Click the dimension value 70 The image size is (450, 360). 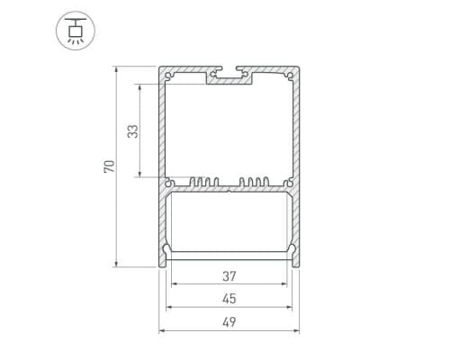[x=110, y=166]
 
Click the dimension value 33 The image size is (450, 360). [x=133, y=131]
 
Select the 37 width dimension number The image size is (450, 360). [x=229, y=276]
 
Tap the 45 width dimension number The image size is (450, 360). [x=229, y=299]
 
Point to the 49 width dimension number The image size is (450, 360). [x=229, y=322]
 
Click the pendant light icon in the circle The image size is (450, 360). [x=76, y=31]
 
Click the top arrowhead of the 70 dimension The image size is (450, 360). [x=116, y=69]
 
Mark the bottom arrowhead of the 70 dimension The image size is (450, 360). [x=116, y=264]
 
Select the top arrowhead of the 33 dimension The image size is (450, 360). [x=139, y=87]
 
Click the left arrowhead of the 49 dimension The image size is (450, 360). [x=162, y=331]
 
